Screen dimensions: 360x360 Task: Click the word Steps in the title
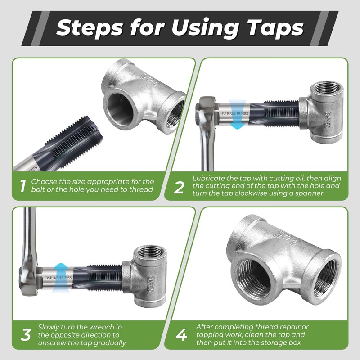pyautogui.click(x=90, y=28)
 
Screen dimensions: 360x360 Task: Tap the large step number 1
pyautogui.click(x=22, y=186)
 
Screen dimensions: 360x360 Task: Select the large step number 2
pyautogui.click(x=179, y=187)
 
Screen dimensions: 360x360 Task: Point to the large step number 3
pyautogui.click(x=26, y=334)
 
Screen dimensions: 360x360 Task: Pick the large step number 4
pyautogui.click(x=181, y=334)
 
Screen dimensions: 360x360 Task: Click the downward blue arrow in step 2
pyautogui.click(x=238, y=114)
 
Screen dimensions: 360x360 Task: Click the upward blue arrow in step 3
pyautogui.click(x=60, y=278)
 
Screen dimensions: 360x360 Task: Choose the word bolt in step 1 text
pyautogui.click(x=38, y=189)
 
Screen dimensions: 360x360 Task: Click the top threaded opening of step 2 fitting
pyautogui.click(x=327, y=88)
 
